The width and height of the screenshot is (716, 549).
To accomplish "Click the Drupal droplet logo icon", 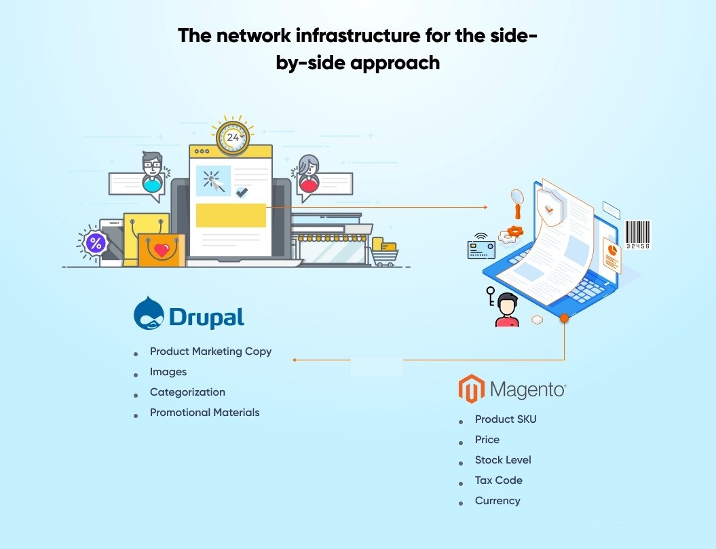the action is tap(149, 314).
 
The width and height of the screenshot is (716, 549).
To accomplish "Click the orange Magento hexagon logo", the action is tap(471, 389).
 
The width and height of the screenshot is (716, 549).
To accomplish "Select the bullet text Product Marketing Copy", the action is tap(210, 352).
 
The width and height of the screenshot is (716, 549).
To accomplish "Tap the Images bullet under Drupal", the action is tap(168, 372).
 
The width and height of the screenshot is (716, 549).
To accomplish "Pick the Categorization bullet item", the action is tap(187, 392).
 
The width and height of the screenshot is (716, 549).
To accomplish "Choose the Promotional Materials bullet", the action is tap(204, 413).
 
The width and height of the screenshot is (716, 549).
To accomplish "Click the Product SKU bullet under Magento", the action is tap(506, 419).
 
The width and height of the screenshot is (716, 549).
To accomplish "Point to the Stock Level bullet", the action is tap(503, 460).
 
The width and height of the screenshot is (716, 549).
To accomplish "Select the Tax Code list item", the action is tap(499, 480).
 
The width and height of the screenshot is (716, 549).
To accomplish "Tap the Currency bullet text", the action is tap(497, 501).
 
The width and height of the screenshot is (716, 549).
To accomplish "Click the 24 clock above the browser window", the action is tap(233, 136).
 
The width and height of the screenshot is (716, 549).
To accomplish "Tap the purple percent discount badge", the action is tap(96, 242).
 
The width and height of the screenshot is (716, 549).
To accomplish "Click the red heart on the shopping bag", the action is tap(162, 249).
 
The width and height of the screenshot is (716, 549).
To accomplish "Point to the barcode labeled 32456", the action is tap(637, 235).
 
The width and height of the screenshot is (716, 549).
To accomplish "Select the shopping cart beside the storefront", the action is tap(385, 252).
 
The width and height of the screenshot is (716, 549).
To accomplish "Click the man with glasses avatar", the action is tap(152, 172).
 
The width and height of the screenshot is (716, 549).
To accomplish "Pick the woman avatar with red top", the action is tap(309, 174).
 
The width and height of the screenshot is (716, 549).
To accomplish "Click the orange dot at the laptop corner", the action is tap(565, 318).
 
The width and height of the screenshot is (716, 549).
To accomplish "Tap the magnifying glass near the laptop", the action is tap(518, 204).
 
